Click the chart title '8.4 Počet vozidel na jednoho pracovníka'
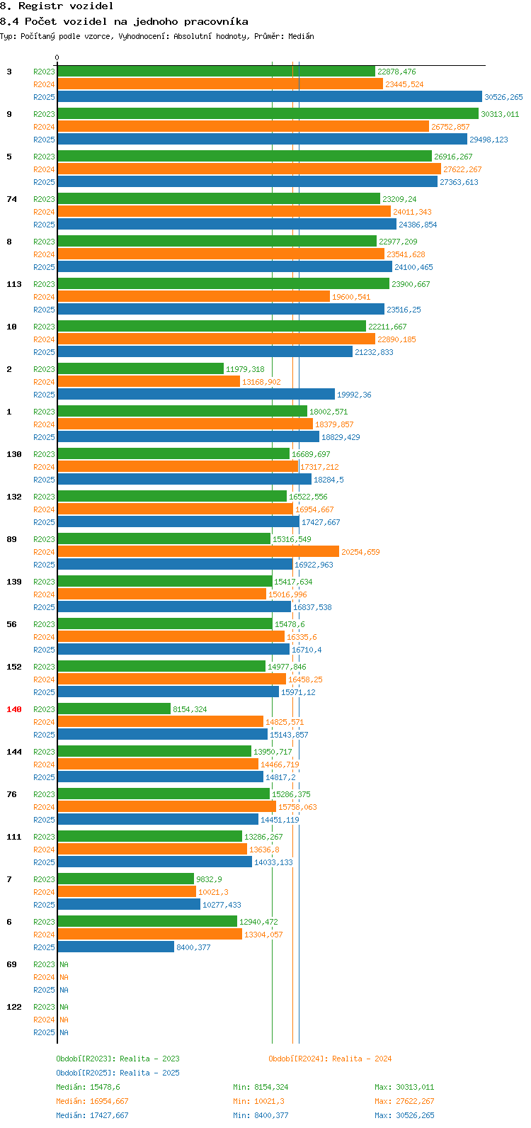pyautogui.click(x=124, y=21)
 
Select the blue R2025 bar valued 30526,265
pyautogui.click(x=269, y=97)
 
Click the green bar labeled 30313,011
pyautogui.click(x=268, y=114)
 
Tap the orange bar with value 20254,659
pyautogui.click(x=198, y=552)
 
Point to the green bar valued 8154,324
pyautogui.click(x=114, y=709)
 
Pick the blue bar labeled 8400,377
pyautogui.click(x=115, y=947)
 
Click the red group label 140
pyautogui.click(x=14, y=709)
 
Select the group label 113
pyautogui.click(x=14, y=284)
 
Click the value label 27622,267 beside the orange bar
pyautogui.click(x=462, y=169)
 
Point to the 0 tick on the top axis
pyautogui.click(x=57, y=58)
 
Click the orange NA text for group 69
pyautogui.click(x=64, y=977)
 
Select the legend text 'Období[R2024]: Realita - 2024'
pyautogui.click(x=330, y=1059)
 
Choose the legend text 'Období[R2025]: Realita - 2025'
pyautogui.click(x=118, y=1073)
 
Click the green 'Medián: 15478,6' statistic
pyautogui.click(x=88, y=1087)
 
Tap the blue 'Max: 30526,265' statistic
pyautogui.click(x=404, y=1115)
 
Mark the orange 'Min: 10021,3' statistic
pyautogui.click(x=258, y=1101)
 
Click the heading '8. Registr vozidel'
pyautogui.click(x=57, y=6)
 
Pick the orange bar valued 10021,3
pyautogui.click(x=127, y=892)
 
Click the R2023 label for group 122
pyautogui.click(x=44, y=1007)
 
